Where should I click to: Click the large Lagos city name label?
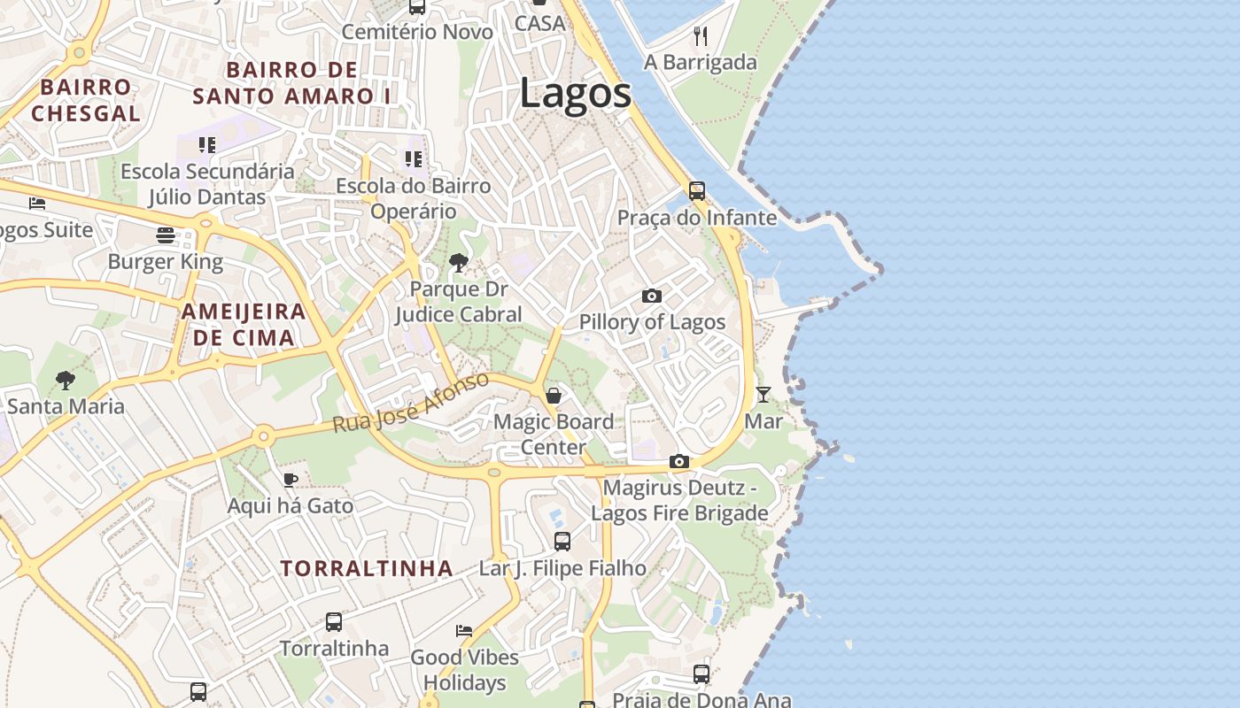575,94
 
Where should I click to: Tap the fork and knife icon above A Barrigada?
701,35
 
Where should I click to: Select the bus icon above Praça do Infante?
697,190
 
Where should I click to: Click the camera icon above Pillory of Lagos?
652,296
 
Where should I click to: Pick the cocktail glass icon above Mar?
763,394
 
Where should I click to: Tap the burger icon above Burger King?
166,235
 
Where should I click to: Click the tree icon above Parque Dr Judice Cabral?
458,262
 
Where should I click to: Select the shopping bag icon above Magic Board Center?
554,395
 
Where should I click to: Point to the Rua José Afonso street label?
411,403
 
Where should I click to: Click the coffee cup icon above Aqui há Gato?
290,480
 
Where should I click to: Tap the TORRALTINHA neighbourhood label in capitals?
367,568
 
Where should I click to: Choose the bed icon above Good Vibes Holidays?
464,630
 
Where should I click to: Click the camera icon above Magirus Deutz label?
679,461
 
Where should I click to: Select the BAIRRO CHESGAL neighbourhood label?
86,100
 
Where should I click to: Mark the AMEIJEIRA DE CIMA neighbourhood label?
244,324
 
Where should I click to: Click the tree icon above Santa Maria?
65,381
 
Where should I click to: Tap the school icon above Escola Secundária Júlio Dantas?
207,144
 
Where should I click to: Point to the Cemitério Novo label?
417,32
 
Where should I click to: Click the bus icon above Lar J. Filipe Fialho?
562,541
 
